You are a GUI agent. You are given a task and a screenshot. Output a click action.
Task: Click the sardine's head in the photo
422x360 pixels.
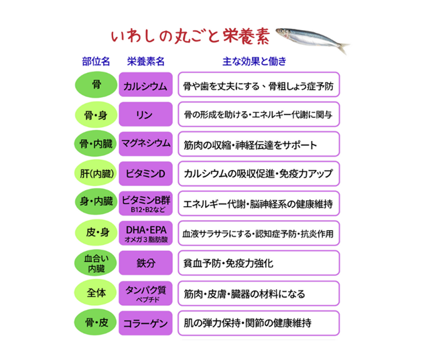(283, 33)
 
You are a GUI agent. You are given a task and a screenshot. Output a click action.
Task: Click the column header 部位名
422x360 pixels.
(96, 62)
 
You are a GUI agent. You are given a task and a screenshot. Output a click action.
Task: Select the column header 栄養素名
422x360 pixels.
(145, 62)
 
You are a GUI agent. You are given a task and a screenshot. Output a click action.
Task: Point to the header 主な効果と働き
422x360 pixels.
(255, 62)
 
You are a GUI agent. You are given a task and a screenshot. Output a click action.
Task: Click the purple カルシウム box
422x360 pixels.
(145, 84)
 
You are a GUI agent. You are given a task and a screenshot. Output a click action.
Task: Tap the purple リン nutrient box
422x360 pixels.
(145, 114)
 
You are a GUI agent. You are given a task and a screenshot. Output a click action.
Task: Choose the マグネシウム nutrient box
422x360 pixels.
(145, 144)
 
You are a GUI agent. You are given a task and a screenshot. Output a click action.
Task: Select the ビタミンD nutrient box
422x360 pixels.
(145, 174)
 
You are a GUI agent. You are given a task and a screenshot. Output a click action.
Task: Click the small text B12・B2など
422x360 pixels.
(148, 209)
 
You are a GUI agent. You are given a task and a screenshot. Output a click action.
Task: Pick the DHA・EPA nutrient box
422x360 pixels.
(145, 233)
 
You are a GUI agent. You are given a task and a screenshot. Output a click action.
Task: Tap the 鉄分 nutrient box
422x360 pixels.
(145, 263)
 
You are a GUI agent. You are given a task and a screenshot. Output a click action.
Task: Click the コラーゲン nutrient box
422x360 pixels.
(145, 323)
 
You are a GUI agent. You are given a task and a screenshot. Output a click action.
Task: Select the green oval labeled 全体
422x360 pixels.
(96, 293)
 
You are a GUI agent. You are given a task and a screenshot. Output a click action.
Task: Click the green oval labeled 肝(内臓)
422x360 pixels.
(96, 174)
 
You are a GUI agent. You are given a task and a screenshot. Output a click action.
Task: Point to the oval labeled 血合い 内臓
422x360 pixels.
(96, 263)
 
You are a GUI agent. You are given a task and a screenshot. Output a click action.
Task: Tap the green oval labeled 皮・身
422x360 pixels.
(96, 233)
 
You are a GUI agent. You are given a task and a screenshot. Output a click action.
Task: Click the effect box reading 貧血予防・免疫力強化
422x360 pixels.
(259, 263)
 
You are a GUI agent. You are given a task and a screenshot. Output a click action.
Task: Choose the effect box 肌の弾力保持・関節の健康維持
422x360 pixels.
(259, 323)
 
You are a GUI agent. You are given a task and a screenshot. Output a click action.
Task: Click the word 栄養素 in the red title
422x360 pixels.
(247, 36)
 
